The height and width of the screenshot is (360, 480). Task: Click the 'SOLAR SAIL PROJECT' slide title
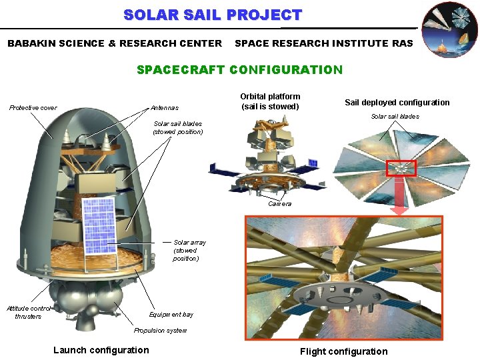213,15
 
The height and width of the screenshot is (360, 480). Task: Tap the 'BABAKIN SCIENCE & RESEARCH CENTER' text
115,43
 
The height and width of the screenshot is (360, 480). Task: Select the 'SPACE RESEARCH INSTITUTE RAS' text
324,43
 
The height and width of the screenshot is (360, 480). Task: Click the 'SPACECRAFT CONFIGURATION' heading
239,69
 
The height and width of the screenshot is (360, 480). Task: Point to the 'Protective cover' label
33,108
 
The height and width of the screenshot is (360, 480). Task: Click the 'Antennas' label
165,108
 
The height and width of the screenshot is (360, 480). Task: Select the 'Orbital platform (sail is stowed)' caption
270,101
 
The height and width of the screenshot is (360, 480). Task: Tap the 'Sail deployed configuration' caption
397,102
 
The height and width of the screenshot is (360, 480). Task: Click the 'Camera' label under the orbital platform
279,204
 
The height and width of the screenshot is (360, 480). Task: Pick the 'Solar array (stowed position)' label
189,251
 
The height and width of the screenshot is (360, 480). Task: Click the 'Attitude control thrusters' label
28,312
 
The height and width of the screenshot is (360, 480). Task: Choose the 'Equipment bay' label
171,314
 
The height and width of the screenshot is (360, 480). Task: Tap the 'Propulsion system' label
160,331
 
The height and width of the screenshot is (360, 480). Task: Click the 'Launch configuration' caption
101,350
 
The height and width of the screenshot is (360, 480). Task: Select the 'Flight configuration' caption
343,351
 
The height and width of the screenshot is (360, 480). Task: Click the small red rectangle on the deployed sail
401,169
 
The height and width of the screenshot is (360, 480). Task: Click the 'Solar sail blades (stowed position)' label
178,127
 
